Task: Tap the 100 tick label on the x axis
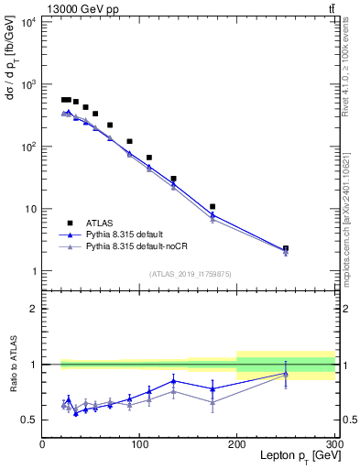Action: (139, 443)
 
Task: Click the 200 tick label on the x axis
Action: (237, 443)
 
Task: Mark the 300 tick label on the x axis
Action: (333, 443)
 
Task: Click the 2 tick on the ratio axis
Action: (33, 309)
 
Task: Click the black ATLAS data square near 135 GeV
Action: (173, 179)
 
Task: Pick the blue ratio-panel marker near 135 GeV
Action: (173, 381)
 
